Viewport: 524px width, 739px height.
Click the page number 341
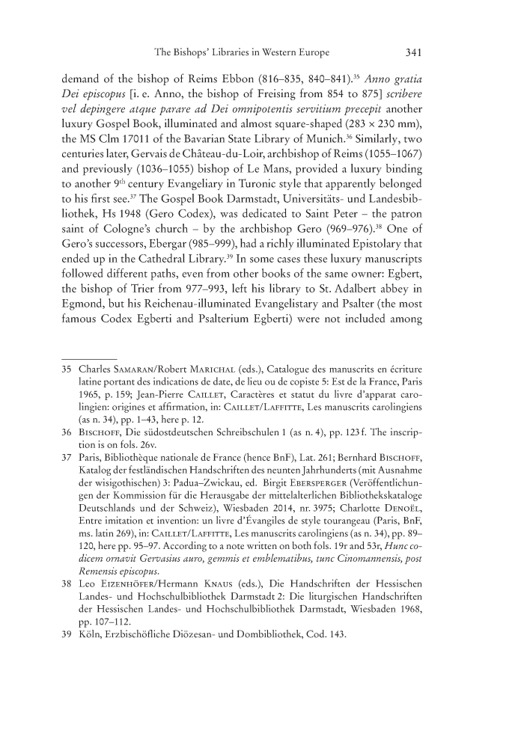(x=415, y=52)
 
